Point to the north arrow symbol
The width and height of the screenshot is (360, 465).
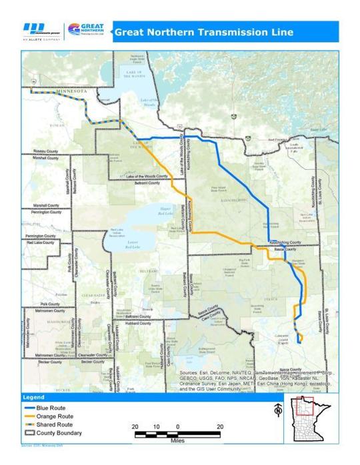[x=278, y=412]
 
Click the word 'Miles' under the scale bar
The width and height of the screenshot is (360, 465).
[x=177, y=440]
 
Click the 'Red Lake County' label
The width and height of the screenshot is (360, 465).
[x=41, y=244]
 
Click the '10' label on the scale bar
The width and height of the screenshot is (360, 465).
[x=156, y=426]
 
